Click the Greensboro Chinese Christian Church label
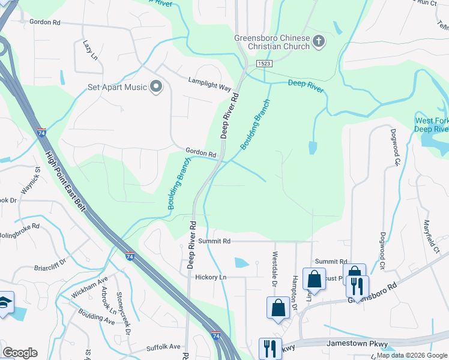point(272,43)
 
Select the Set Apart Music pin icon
point(156,87)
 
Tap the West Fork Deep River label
point(432,125)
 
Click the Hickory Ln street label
point(211,277)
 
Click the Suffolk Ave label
point(163,347)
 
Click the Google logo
point(20,352)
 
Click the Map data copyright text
point(412,355)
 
